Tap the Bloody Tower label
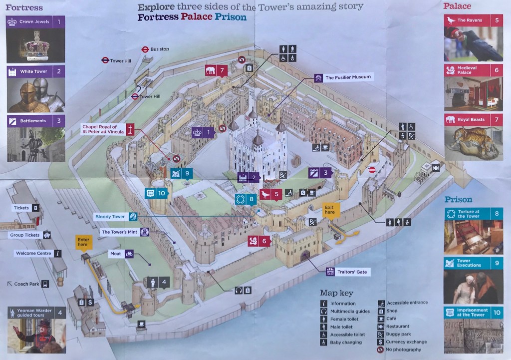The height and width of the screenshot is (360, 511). coord(111,217)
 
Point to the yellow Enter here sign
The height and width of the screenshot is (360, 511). coord(83,242)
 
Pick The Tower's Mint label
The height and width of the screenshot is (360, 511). coord(120,232)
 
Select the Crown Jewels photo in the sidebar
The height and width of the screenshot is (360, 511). coord(35,46)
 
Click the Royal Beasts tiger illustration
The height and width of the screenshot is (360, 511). coord(473,143)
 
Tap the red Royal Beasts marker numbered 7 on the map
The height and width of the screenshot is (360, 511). coord(217,70)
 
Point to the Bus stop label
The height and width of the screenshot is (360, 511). coord(160,49)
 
